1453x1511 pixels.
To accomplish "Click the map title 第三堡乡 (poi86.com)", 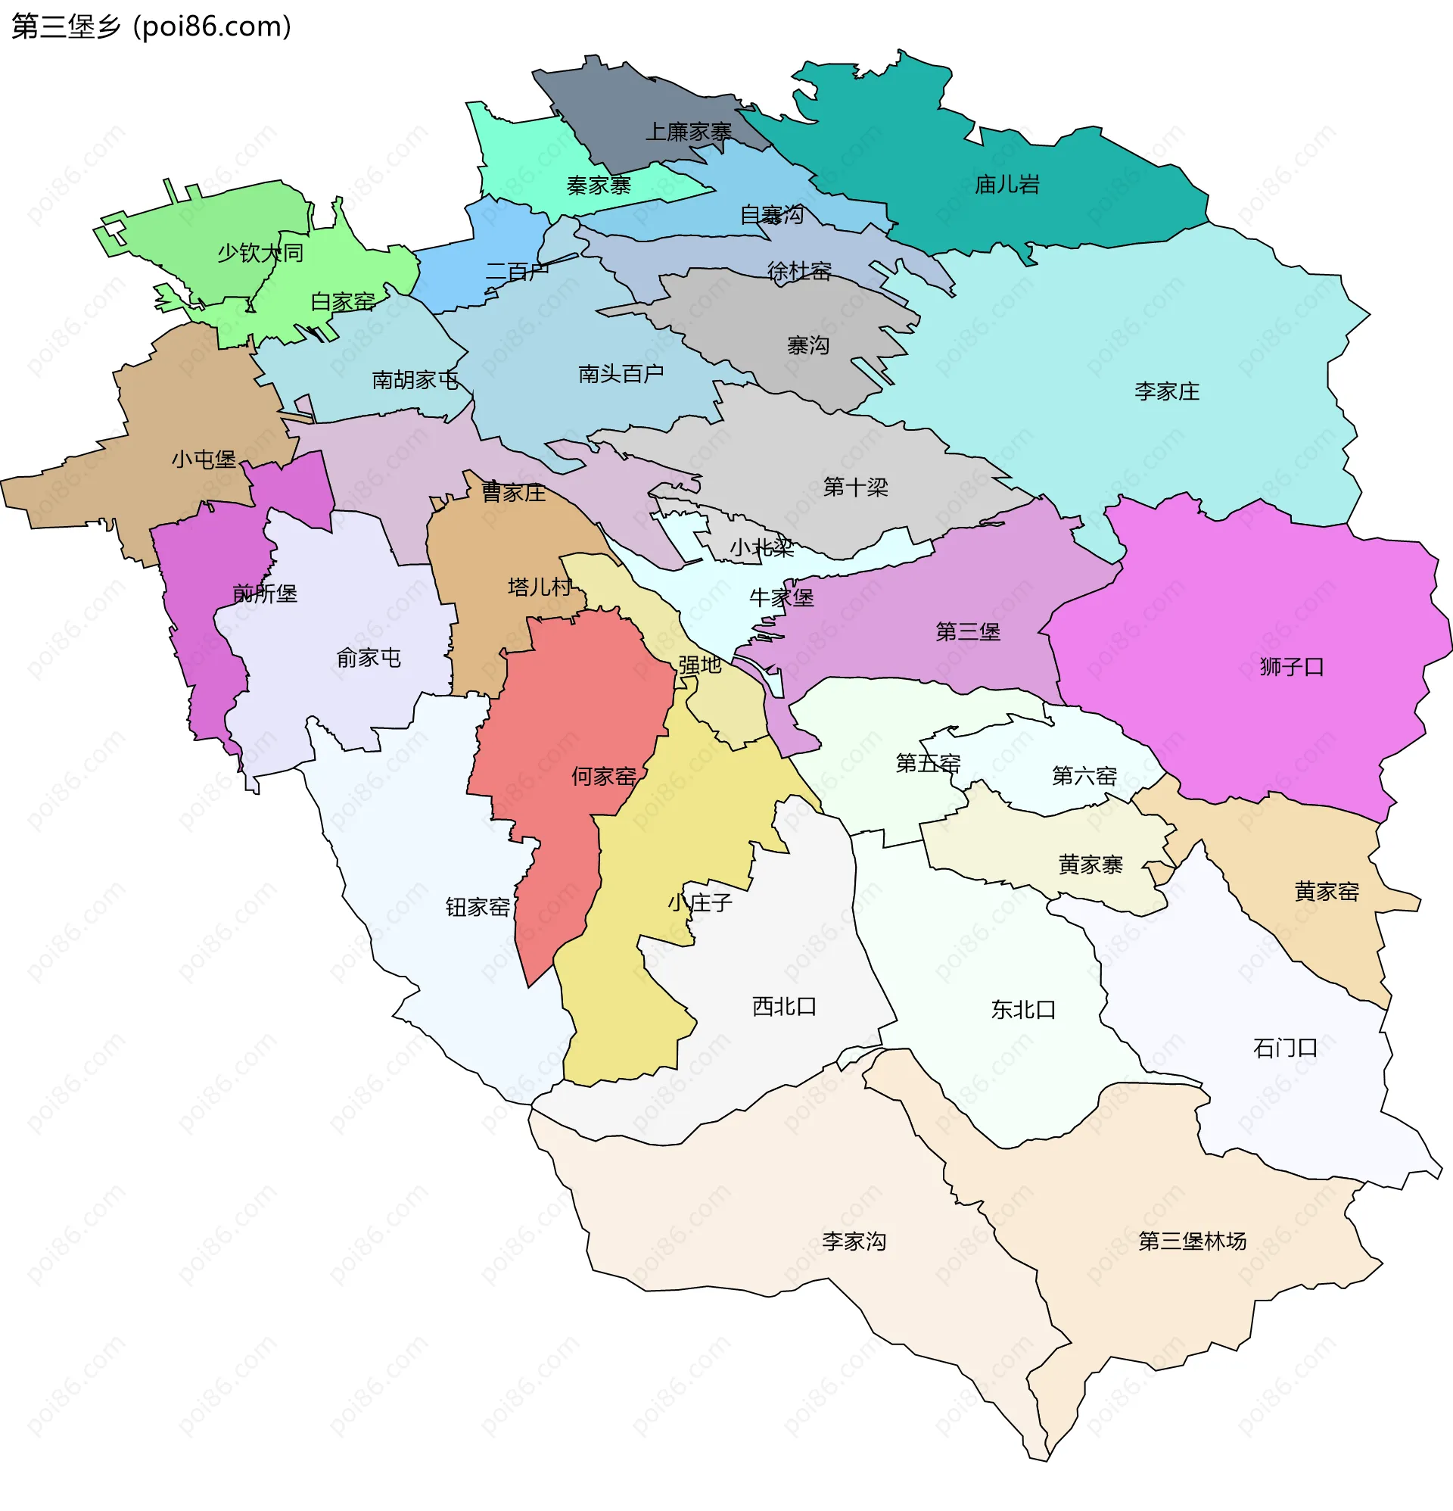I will coord(151,26).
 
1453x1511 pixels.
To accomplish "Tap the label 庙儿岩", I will coord(1007,185).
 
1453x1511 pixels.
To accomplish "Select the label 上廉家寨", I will coord(688,132).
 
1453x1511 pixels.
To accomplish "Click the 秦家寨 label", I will coord(598,185).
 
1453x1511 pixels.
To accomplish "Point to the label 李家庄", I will coord(1166,391).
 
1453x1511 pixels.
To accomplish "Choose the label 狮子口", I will coord(1291,667).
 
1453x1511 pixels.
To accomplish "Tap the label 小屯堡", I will coord(204,460).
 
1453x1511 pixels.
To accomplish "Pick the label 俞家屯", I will coord(369,658).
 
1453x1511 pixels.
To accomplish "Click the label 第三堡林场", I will coord(1192,1242).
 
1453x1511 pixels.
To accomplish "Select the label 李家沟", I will coord(854,1242).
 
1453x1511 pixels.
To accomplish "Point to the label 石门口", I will coord(1284,1048).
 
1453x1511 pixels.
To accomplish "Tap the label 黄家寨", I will coord(1090,865).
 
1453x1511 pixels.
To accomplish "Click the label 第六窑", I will coord(1084,775).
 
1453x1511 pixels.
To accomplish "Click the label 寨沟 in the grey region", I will coord(807,345).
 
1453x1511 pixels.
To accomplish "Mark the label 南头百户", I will coord(621,374).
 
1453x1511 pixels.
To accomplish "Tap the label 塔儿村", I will coord(540,587).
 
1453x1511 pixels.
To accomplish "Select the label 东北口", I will coord(1023,1009).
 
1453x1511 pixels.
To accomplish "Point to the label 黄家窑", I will coord(1326,892).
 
